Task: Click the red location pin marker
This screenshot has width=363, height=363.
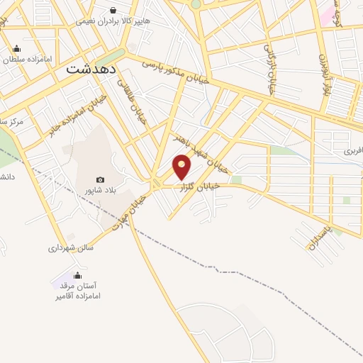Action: coord(182,166)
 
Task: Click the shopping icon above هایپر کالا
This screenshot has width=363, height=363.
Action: coord(113,9)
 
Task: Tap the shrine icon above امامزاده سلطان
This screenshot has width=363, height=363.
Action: coord(16,48)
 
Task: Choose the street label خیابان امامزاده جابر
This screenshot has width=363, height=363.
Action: coord(79,114)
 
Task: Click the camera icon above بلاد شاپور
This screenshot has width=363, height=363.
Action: coord(100,180)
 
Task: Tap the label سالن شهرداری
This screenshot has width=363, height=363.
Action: coord(71,248)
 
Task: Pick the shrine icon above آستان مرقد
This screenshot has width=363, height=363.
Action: coord(77,275)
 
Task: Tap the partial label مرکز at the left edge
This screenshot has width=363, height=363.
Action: coord(11,122)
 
